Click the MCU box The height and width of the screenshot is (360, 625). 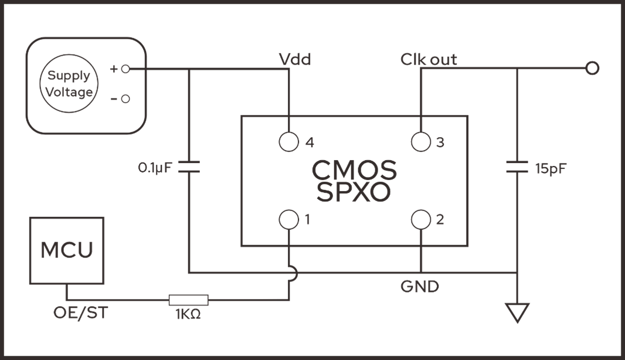click(x=66, y=250)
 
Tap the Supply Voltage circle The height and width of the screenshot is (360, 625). click(x=69, y=83)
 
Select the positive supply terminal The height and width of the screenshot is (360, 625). click(x=125, y=69)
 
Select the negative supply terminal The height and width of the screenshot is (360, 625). click(x=125, y=99)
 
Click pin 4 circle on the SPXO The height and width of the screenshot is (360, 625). click(x=288, y=142)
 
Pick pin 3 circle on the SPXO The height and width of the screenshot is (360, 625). click(x=421, y=142)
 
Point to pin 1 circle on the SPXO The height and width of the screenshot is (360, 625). click(x=288, y=220)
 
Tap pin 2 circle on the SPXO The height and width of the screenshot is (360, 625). click(x=421, y=220)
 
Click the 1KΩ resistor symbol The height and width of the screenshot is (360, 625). click(x=188, y=300)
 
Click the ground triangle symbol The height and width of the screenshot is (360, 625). click(x=517, y=313)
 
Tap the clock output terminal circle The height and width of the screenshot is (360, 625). click(x=593, y=69)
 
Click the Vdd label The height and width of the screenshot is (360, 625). click(x=294, y=59)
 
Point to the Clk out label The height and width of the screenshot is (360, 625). click(x=429, y=59)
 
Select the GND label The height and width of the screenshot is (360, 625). click(x=419, y=287)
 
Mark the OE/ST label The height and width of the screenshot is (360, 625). click(x=80, y=313)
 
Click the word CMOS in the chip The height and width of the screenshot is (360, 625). click(x=354, y=171)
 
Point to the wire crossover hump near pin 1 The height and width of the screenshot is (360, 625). click(x=293, y=273)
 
